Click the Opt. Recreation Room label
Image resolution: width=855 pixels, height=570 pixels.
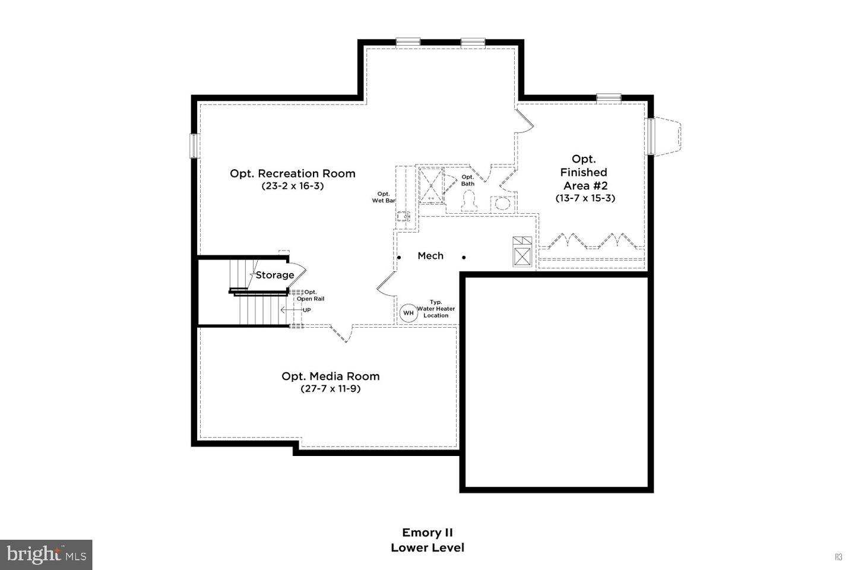(293, 173)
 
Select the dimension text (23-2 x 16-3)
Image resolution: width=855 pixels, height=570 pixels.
(293, 186)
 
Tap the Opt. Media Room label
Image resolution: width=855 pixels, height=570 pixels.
(330, 376)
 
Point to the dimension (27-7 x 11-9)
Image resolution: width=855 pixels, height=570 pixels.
(330, 389)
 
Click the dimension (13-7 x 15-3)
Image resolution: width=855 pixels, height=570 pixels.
(585, 198)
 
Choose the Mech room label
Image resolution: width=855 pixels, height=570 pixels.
(430, 256)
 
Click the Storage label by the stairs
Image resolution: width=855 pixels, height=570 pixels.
(275, 275)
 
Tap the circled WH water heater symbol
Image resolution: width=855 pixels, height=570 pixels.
(408, 313)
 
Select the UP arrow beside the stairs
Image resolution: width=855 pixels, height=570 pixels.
(291, 310)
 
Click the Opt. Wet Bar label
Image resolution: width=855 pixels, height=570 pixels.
(384, 197)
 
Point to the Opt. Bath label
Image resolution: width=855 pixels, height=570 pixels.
(468, 180)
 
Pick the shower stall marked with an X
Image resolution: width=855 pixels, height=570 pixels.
(432, 185)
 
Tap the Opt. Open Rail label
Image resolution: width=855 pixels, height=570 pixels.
(311, 295)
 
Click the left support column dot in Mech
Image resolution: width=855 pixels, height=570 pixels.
(399, 257)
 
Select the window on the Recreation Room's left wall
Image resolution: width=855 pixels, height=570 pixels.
(193, 145)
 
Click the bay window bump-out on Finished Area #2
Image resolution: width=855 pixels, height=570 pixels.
(666, 137)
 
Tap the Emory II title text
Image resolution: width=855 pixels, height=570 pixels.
(427, 533)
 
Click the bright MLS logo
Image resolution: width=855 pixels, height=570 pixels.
(46, 555)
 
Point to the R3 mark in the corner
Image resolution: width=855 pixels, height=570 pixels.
(838, 557)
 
